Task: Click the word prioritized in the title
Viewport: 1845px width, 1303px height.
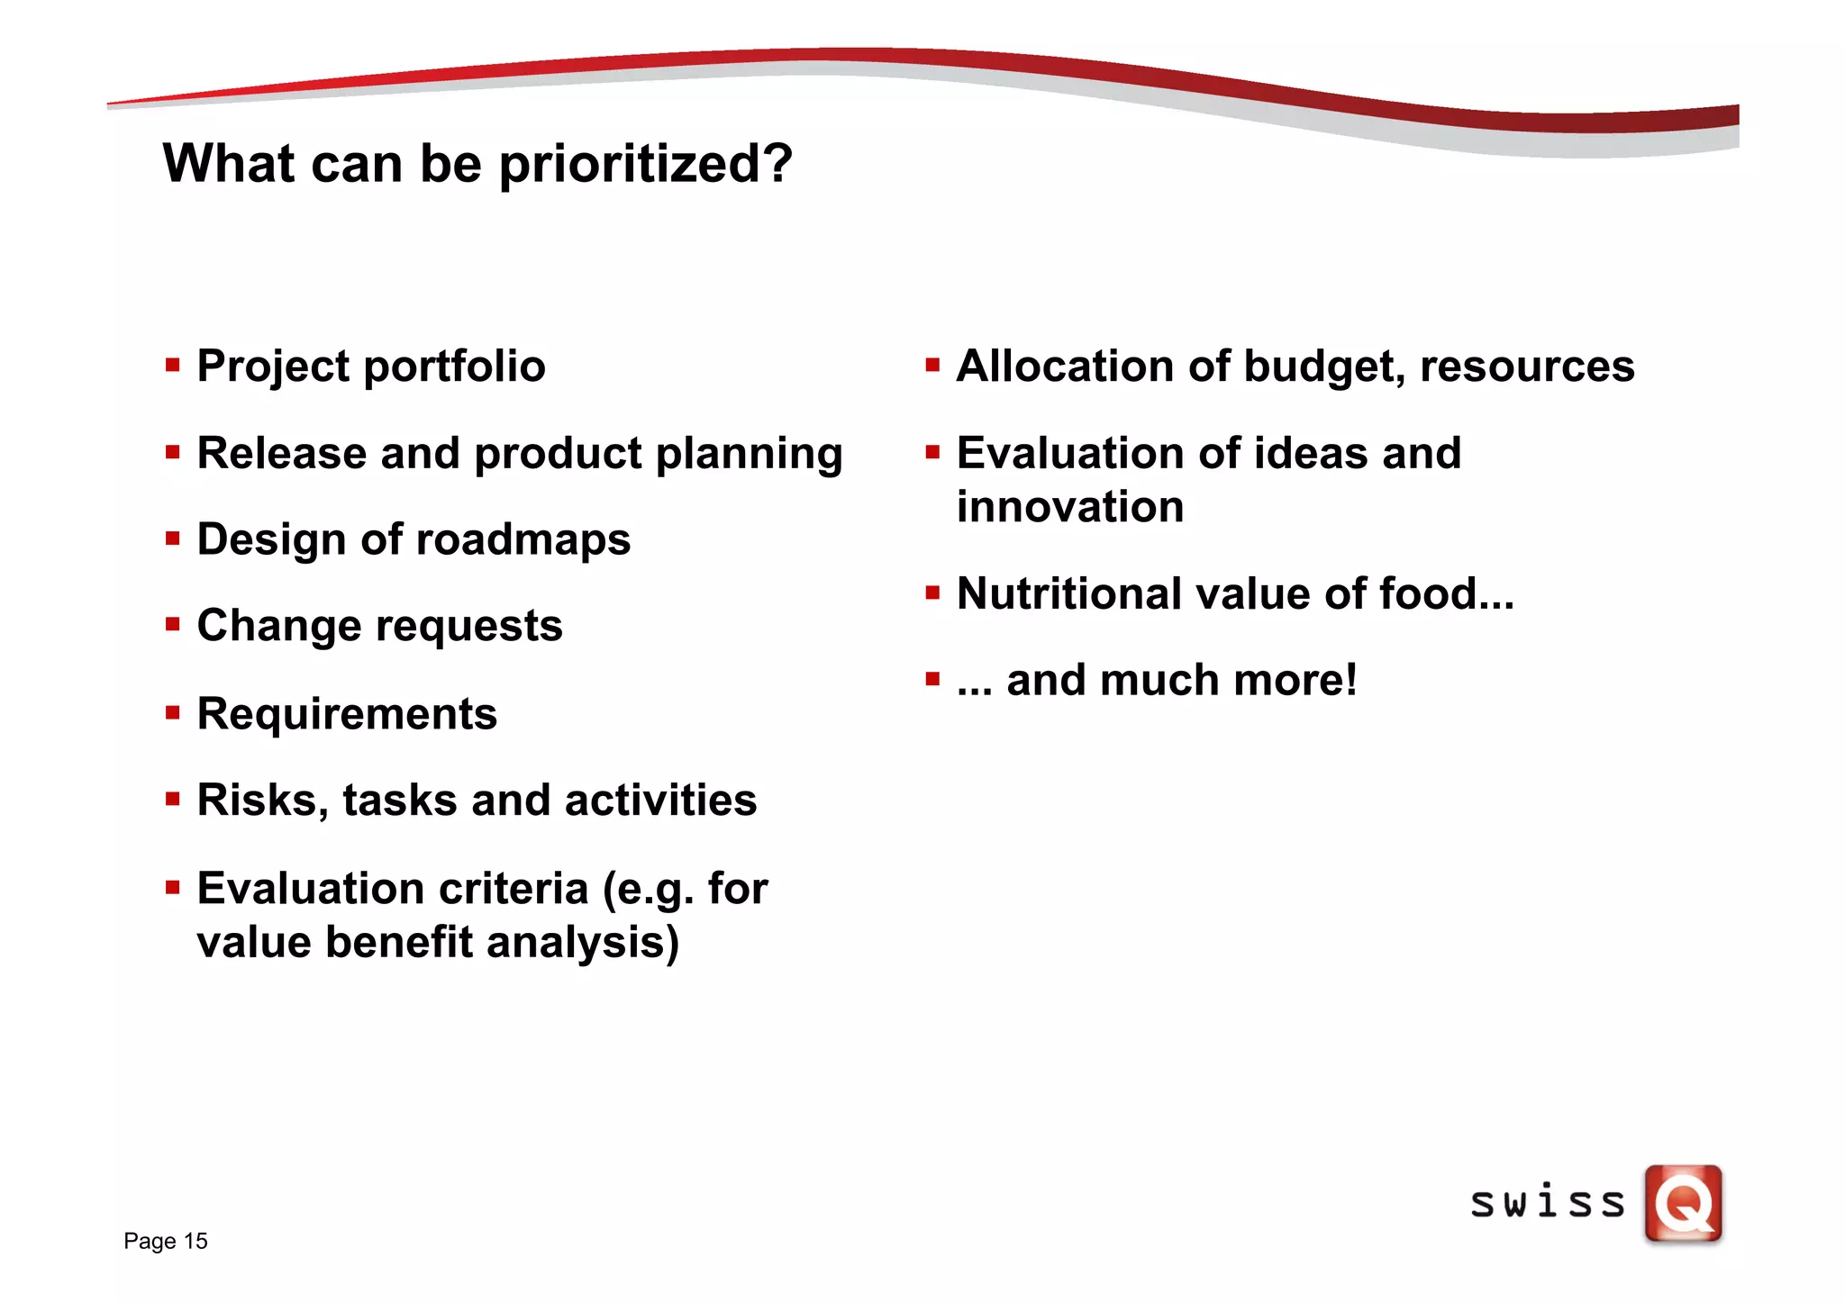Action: click(x=645, y=165)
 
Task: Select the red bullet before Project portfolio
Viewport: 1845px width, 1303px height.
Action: click(x=173, y=366)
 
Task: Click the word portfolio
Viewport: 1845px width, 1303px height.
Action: click(x=454, y=367)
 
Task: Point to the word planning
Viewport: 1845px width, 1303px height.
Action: click(x=749, y=455)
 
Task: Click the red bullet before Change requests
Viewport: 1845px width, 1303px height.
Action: click(x=173, y=624)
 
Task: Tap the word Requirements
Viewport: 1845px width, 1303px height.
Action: click(x=347, y=714)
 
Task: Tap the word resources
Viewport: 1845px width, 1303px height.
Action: click(x=1527, y=366)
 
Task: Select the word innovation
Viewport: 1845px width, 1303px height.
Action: click(x=1070, y=507)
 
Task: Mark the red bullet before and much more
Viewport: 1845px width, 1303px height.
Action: click(x=932, y=678)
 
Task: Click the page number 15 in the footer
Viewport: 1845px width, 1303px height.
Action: click(x=195, y=1241)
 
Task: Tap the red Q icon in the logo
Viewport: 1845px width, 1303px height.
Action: click(x=1683, y=1204)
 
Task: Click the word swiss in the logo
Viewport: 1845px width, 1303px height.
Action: click(x=1547, y=1203)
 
